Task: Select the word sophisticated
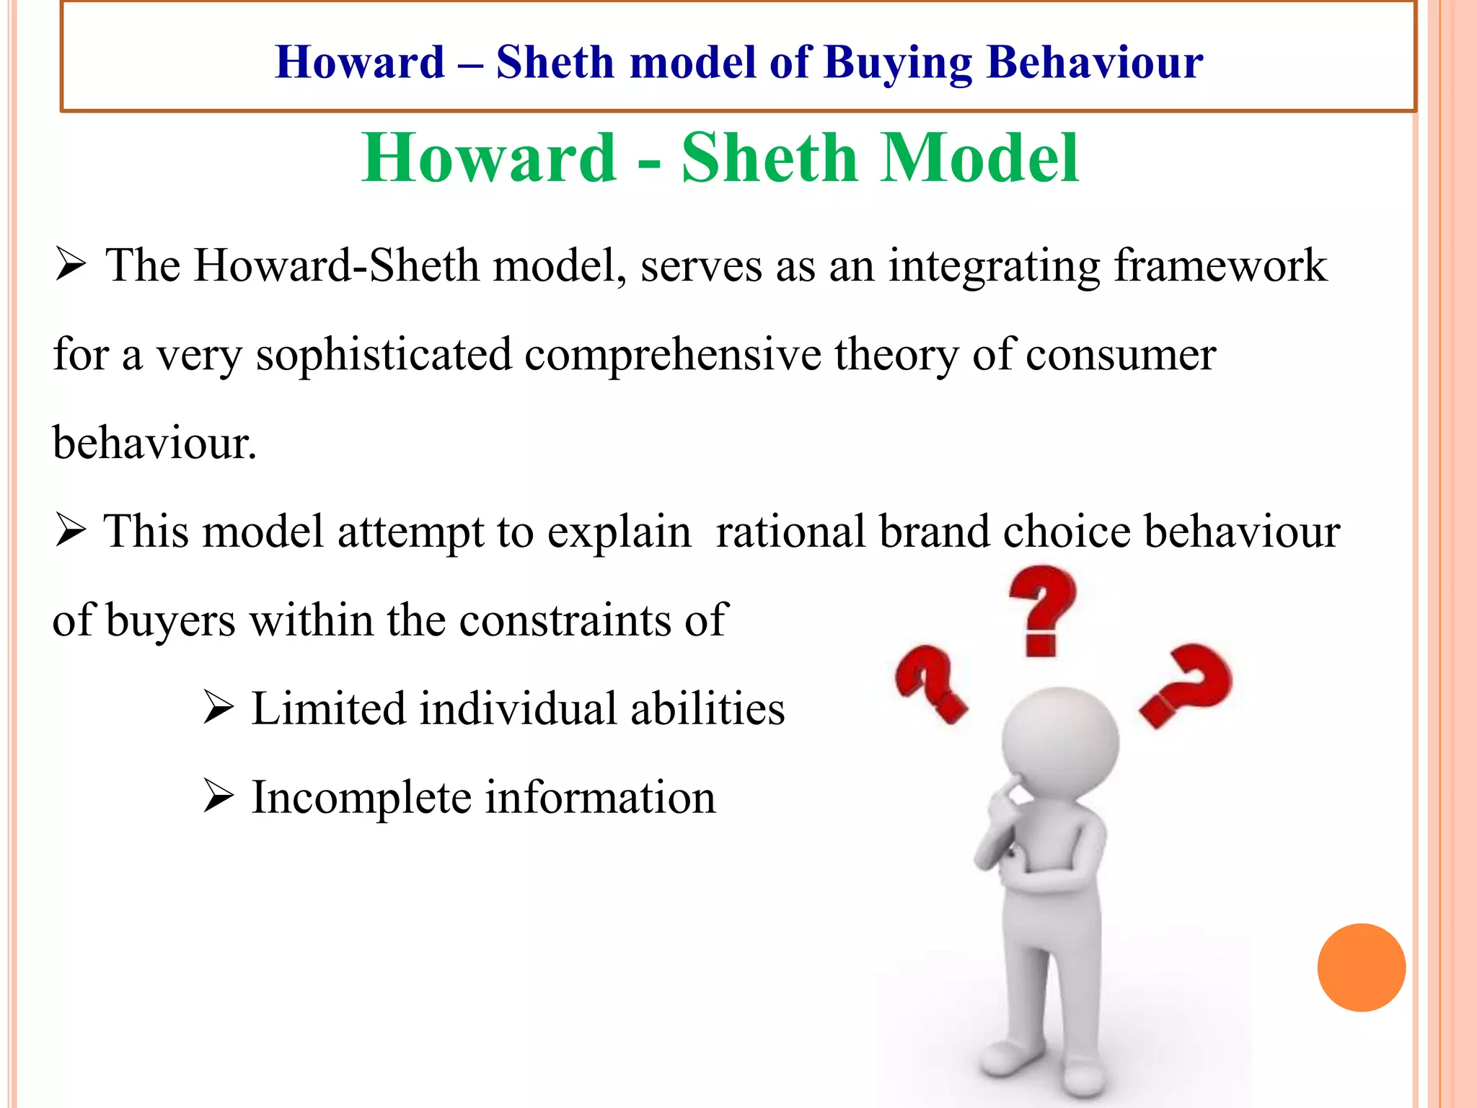point(384,355)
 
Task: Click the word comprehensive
point(672,355)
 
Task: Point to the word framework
point(1220,265)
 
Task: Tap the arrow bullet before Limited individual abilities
point(218,708)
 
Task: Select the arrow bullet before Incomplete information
point(218,797)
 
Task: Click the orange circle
point(1361,967)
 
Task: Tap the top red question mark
point(1042,610)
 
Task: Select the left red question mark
point(930,682)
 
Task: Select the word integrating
point(994,265)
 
